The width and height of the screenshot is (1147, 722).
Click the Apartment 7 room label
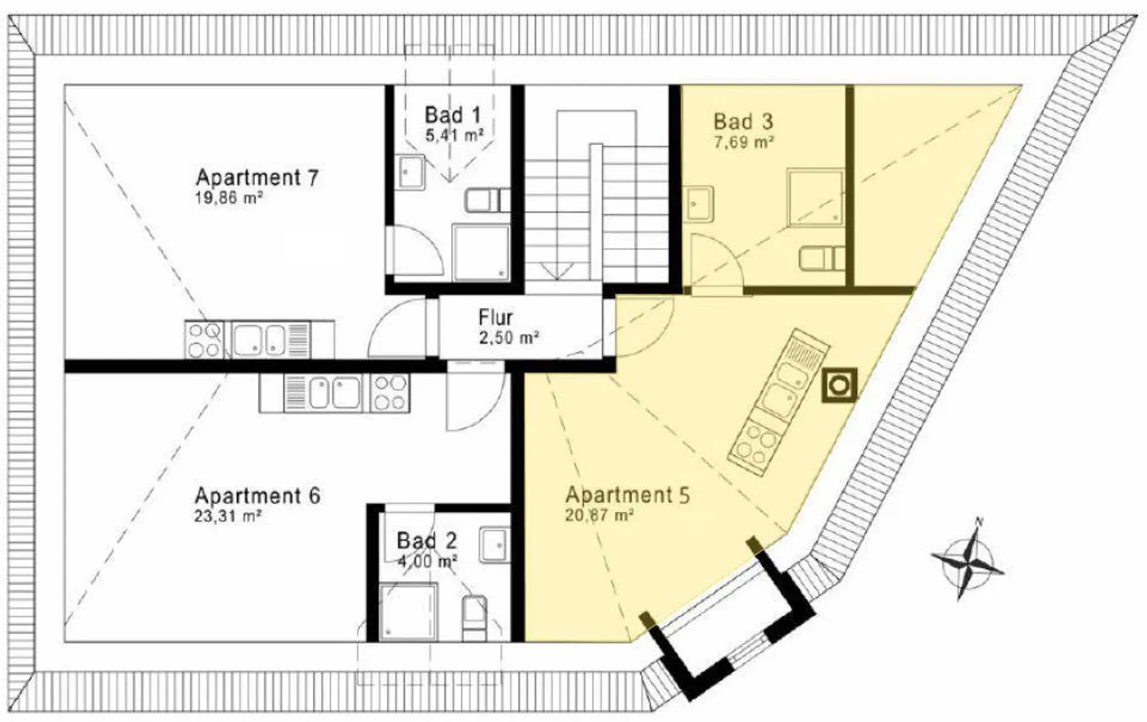click(x=257, y=178)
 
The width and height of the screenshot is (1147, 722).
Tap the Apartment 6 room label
click(x=257, y=496)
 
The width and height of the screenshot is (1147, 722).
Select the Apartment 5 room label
click(x=628, y=495)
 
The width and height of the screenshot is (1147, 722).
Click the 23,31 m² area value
click(x=229, y=517)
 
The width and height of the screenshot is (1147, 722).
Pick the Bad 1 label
click(x=453, y=115)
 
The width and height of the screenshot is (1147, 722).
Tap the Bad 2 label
click(x=427, y=541)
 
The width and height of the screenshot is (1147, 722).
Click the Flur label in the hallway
click(x=495, y=318)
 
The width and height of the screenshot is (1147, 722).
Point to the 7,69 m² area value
click(x=743, y=142)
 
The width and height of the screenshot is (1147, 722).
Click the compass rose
click(x=967, y=560)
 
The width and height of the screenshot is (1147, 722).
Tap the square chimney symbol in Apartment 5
click(x=840, y=384)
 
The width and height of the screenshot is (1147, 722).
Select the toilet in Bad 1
click(x=487, y=201)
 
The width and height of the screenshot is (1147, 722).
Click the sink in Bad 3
click(x=699, y=204)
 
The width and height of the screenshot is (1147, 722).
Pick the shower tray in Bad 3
click(x=816, y=197)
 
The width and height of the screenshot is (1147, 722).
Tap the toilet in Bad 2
click(x=474, y=618)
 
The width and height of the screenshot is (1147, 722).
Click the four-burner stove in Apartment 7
click(x=204, y=340)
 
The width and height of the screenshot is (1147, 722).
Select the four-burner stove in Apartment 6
click(x=390, y=392)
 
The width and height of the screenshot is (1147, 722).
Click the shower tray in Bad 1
click(x=481, y=252)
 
